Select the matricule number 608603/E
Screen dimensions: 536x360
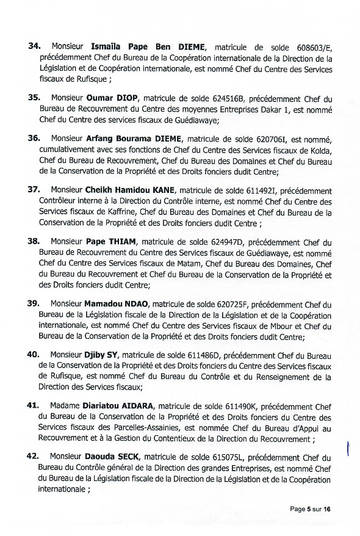[311, 46]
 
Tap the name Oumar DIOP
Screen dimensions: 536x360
[112, 98]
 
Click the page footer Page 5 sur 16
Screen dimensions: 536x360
[311, 509]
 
